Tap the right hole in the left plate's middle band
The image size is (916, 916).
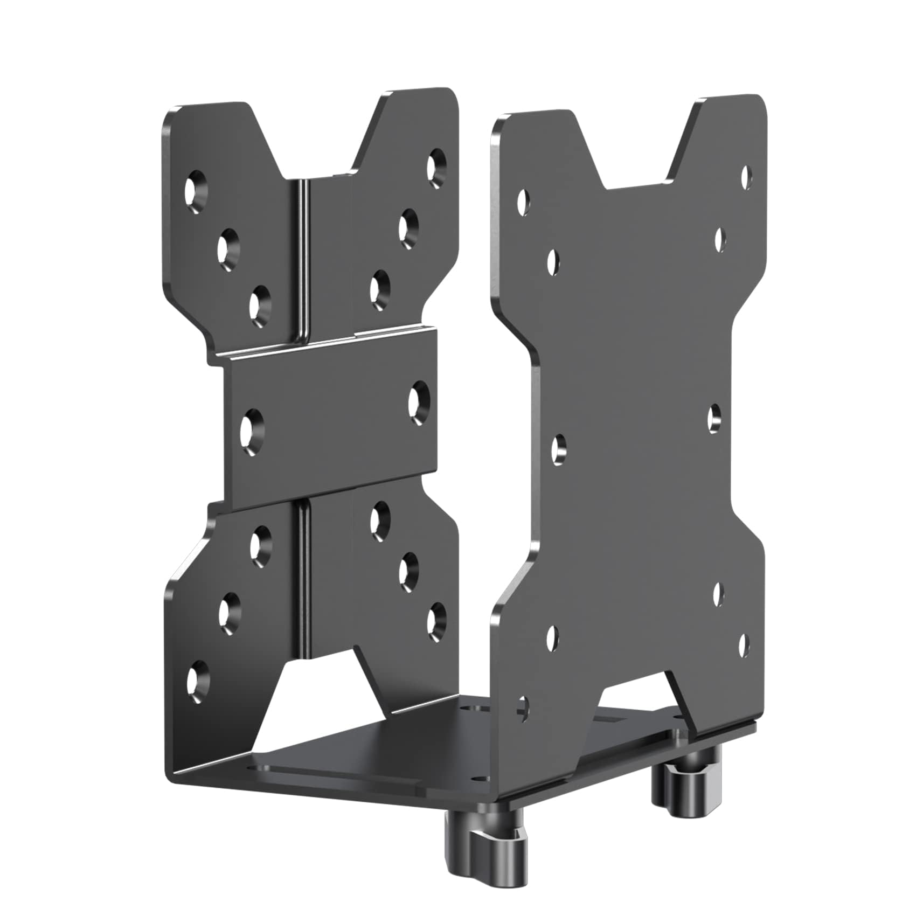[x=419, y=402]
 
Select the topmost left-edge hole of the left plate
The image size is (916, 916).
[x=197, y=192]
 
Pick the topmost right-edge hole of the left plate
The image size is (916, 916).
[x=436, y=165]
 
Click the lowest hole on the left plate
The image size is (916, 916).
[x=197, y=681]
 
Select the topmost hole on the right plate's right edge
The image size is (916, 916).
[x=747, y=178]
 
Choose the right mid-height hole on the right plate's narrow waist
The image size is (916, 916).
[x=714, y=418]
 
